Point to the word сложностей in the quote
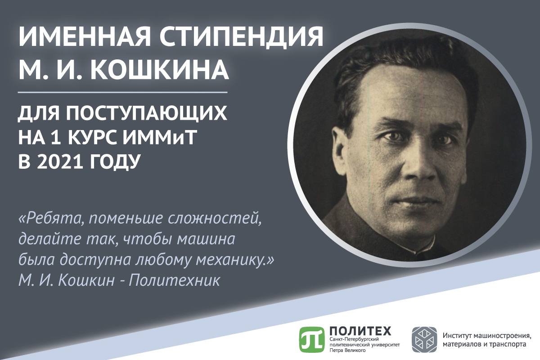pyautogui.click(x=215, y=219)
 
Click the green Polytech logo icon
pyautogui.click(x=311, y=339)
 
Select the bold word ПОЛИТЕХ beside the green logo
pyautogui.click(x=360, y=331)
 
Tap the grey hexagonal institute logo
pyautogui.click(x=424, y=339)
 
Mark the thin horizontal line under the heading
pyautogui.click(x=123, y=92)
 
